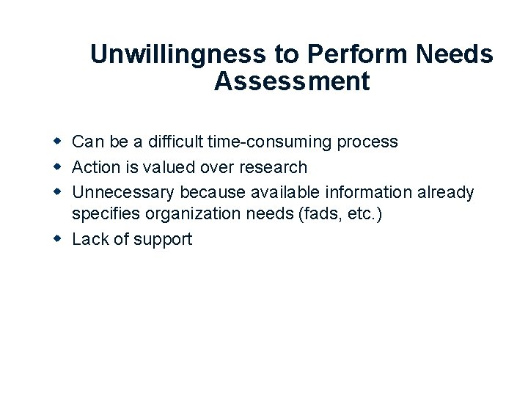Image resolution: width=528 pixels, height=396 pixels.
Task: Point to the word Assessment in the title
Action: [x=292, y=81]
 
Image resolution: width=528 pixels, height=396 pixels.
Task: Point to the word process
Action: [x=367, y=142]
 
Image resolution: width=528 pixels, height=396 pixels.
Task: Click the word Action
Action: [x=96, y=167]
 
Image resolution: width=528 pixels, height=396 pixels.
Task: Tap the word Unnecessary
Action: [x=123, y=193]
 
